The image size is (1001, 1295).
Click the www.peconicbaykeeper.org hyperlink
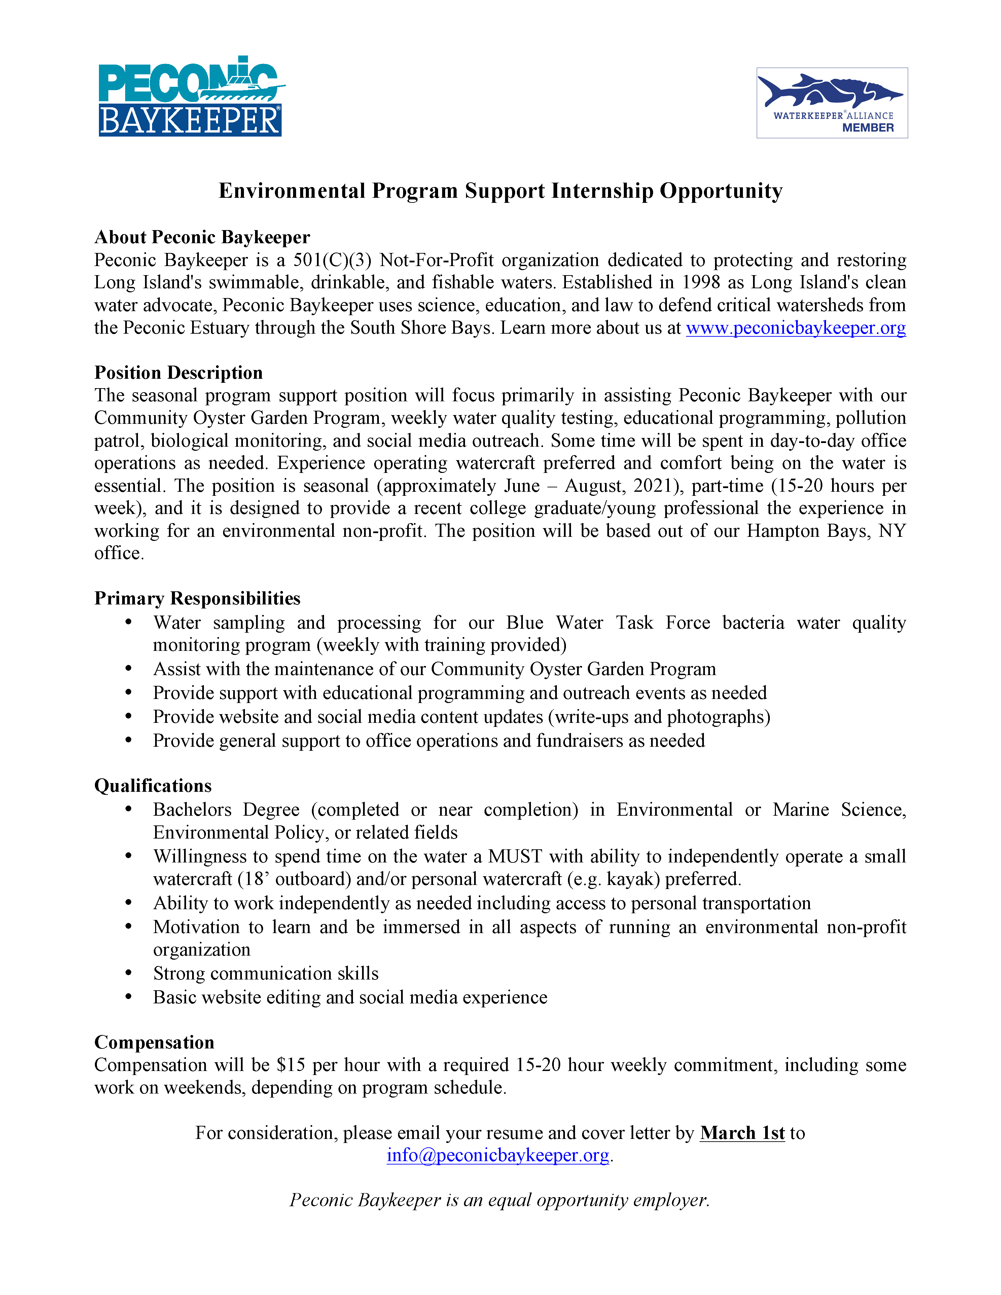tap(795, 328)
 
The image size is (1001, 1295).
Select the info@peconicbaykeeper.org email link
tap(498, 1155)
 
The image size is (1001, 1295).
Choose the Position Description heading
tap(178, 372)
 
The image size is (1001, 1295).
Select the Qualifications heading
tap(153, 786)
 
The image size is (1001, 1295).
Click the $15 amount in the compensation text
tap(291, 1065)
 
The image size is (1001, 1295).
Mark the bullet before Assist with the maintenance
tap(129, 669)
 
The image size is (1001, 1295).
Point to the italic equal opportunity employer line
tap(499, 1200)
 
